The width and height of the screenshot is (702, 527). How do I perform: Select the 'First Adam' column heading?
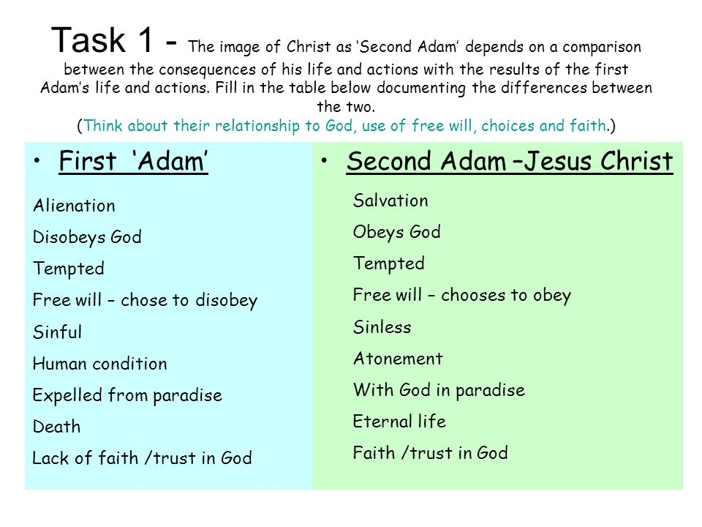coord(133,161)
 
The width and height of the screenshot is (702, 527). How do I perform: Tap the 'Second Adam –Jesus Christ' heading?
coord(510,161)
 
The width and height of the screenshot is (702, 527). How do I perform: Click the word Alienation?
coord(74,206)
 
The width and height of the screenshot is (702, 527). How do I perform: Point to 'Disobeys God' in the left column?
coord(87,237)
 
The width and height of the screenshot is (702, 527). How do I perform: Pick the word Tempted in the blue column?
coord(69,269)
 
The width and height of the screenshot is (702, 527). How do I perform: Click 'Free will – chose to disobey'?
coord(145,301)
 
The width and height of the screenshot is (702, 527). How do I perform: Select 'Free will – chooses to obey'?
coord(462,296)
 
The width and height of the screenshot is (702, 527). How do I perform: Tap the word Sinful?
coord(57,332)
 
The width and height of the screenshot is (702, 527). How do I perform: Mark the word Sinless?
coord(382,327)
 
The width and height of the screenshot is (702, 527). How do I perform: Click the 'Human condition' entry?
coord(100,364)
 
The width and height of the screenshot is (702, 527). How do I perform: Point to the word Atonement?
coord(398,359)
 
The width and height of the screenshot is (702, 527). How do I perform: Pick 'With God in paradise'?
coord(439,390)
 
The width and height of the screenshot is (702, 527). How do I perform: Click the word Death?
coord(57,427)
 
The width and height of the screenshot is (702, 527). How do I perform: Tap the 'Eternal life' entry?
coord(399,422)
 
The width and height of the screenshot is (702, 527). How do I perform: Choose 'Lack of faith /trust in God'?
coord(143,458)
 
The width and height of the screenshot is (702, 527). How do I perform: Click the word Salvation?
coord(390,201)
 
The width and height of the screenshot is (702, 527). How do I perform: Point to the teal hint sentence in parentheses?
coord(346,126)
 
